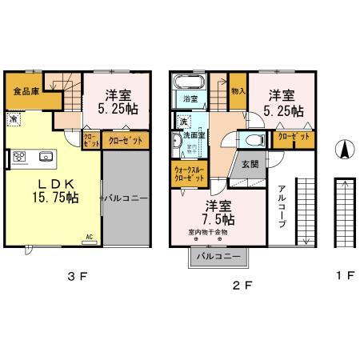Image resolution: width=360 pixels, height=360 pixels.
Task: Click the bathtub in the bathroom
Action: point(189,82)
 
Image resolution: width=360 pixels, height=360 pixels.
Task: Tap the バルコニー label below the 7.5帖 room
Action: point(217,256)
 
